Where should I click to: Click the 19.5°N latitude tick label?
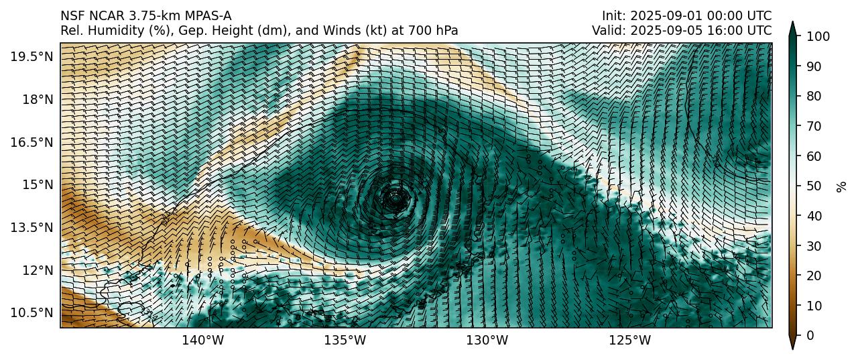(x=31, y=56)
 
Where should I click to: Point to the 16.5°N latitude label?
(x=31, y=142)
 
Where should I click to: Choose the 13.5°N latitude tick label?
(x=31, y=227)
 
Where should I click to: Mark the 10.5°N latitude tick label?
(x=31, y=312)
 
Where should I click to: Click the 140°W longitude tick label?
(x=203, y=341)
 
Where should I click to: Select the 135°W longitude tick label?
(x=345, y=341)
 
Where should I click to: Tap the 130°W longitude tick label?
(x=487, y=341)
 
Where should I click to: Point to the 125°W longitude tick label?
(x=629, y=341)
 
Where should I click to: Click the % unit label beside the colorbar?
(x=843, y=186)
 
